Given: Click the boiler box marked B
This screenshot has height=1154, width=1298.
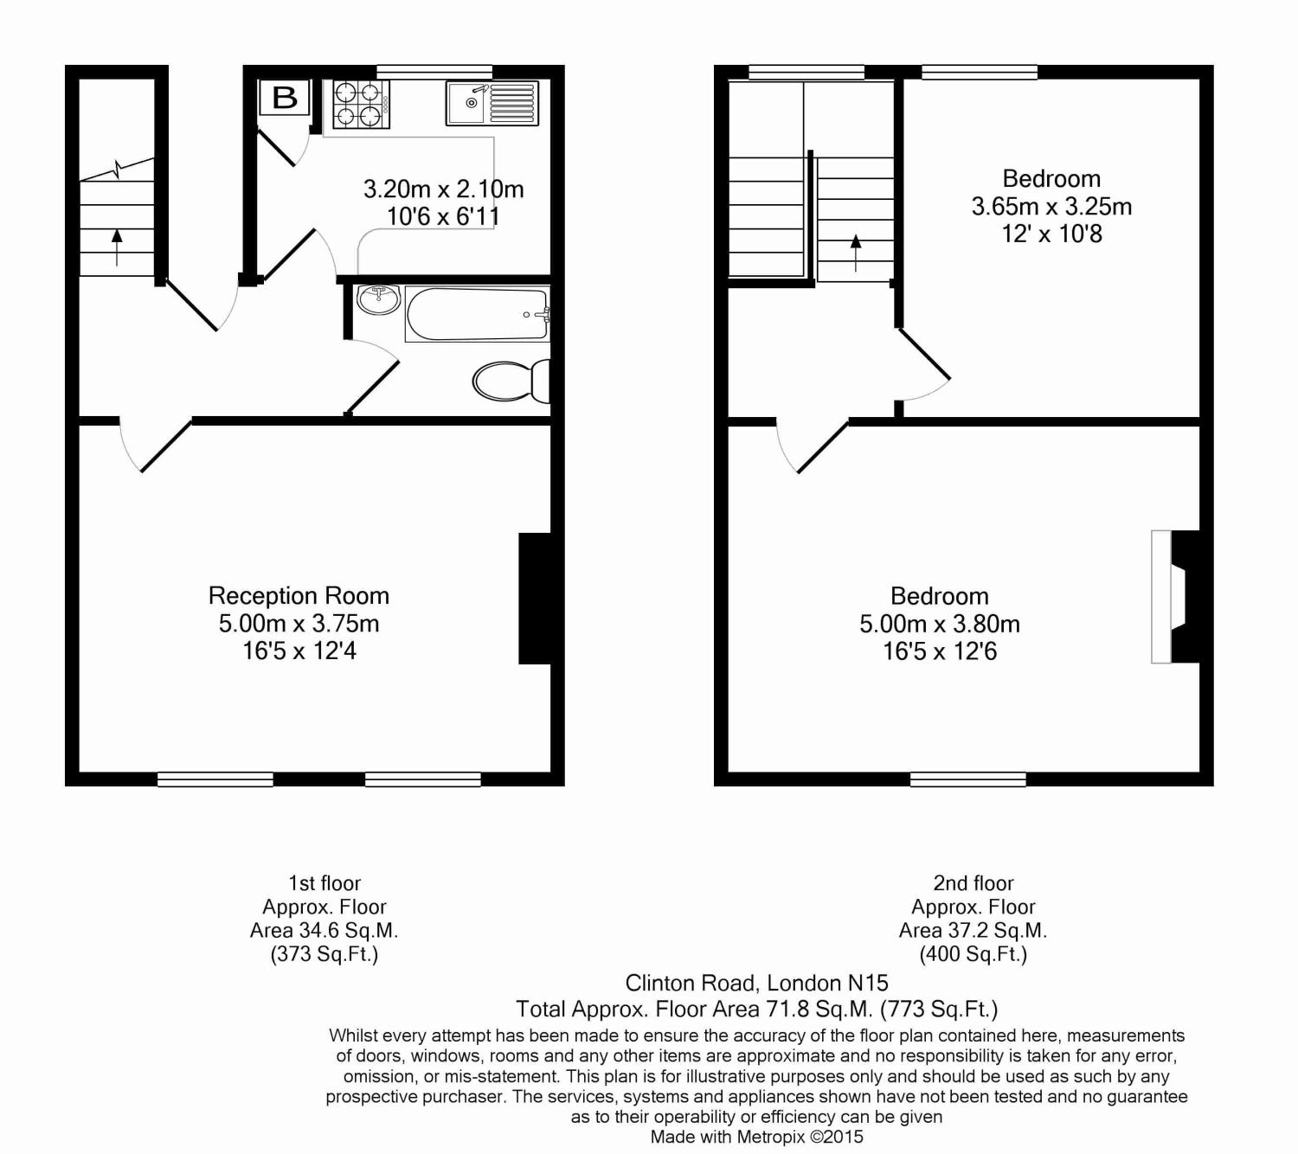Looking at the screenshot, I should (x=284, y=98).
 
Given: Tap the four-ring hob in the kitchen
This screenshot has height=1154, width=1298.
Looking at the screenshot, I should (x=361, y=104).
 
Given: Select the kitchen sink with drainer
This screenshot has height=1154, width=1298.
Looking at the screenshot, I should (x=492, y=103).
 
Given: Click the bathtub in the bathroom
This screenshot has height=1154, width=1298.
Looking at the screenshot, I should (x=477, y=315).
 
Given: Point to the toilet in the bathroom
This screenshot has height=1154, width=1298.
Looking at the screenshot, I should (x=511, y=381).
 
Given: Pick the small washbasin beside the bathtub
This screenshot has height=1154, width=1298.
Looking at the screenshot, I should (x=378, y=299).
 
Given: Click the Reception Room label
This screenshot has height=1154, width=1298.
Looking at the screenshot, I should (x=299, y=596).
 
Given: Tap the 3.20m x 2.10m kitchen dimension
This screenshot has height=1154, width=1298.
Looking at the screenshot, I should (x=443, y=189).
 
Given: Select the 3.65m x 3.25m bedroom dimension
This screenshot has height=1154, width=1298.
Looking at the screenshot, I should (x=1051, y=207).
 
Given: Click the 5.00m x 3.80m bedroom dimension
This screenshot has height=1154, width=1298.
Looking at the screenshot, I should (x=939, y=624).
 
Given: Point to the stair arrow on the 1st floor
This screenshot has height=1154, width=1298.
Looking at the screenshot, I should (x=117, y=247).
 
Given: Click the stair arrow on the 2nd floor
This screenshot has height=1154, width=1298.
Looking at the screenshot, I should (x=856, y=252).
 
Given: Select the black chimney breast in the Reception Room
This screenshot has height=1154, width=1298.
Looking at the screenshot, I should (x=535, y=598).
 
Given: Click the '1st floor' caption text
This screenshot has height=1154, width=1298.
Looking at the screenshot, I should (x=324, y=883).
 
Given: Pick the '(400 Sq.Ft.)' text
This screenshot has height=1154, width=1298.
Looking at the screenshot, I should (x=973, y=954).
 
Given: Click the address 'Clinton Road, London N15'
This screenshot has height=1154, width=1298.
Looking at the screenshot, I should (x=756, y=983).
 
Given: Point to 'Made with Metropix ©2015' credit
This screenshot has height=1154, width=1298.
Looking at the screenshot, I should (x=756, y=1137).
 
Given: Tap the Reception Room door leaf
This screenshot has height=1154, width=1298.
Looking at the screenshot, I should (x=165, y=446).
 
